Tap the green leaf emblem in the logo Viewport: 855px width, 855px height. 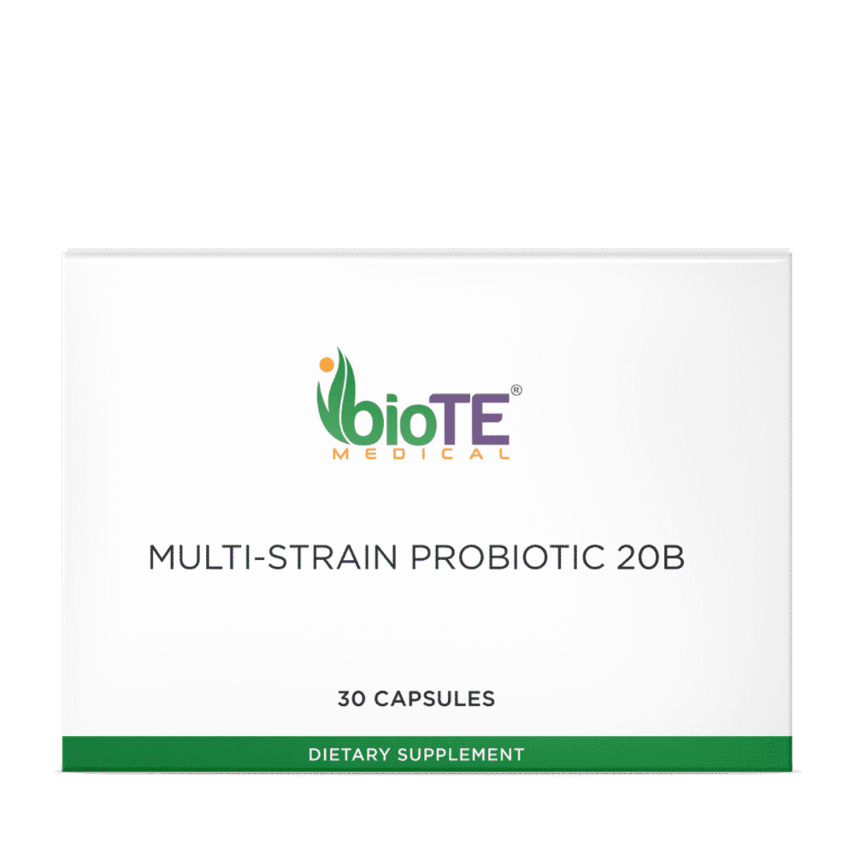(x=335, y=406)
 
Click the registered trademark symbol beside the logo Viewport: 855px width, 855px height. (x=517, y=390)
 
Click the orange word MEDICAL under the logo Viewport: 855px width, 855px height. (x=420, y=455)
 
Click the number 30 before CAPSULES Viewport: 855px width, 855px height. (x=352, y=699)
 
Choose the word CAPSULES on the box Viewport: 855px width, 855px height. (x=435, y=699)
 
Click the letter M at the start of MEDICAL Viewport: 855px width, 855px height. (x=341, y=455)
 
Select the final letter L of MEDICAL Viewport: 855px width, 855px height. (x=504, y=455)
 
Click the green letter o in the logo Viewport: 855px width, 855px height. (x=419, y=426)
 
